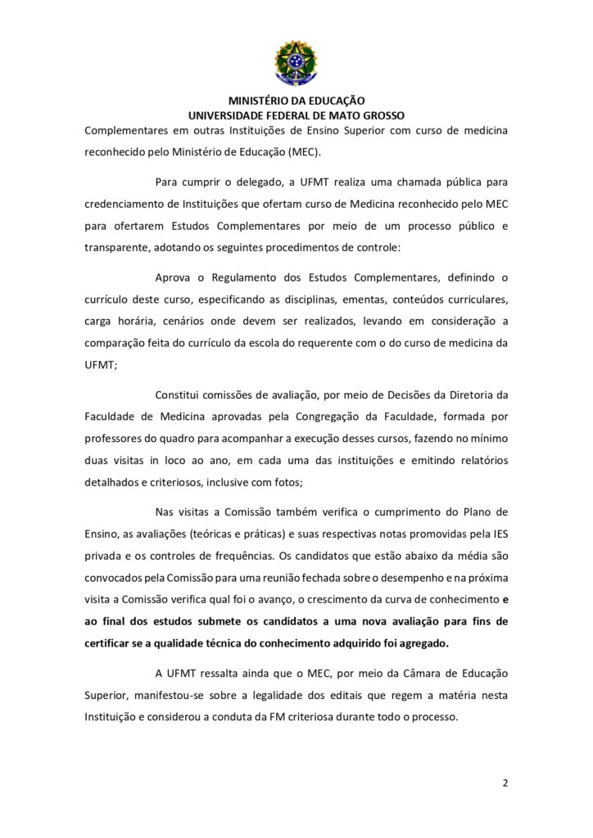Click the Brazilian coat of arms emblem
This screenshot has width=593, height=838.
point(296,63)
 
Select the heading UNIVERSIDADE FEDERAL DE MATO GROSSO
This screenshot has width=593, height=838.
point(296,115)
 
